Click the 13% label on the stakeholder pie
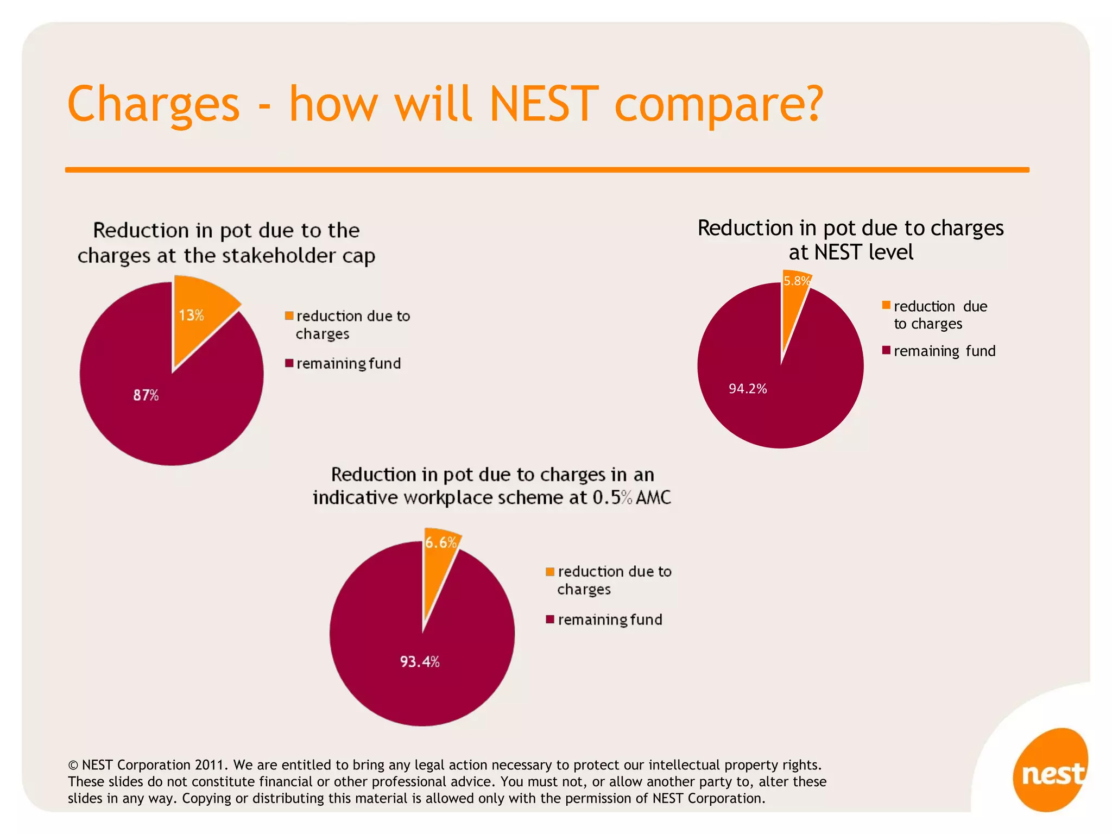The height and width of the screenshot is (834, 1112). point(191,315)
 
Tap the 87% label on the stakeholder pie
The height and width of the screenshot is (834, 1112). point(146,395)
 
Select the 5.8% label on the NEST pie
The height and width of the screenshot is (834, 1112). point(796,281)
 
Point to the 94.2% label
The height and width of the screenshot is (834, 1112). point(748,389)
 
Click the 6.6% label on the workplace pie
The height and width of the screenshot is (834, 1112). point(441,542)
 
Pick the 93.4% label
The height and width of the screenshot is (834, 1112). point(420,661)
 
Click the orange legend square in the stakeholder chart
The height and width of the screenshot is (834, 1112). point(289,315)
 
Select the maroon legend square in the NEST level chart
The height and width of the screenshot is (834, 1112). point(886,350)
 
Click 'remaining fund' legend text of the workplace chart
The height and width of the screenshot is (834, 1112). point(610,620)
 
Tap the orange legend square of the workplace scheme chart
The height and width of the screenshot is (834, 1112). point(550,571)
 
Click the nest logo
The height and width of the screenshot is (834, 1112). point(1051,771)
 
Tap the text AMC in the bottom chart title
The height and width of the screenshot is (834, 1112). point(654,497)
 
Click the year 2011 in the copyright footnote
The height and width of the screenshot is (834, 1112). point(210,765)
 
